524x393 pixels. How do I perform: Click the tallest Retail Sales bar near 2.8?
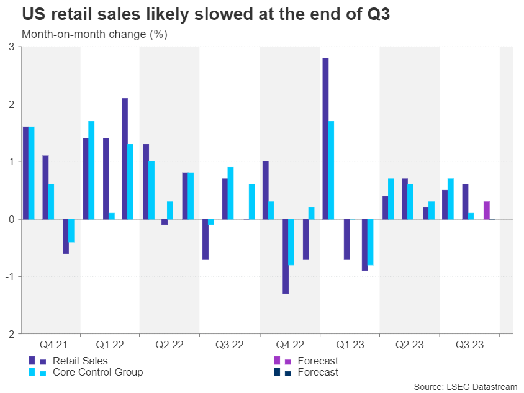click(x=325, y=138)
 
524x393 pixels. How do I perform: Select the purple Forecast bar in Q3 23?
click(x=486, y=210)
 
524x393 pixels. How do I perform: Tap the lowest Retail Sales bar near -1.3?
click(x=285, y=256)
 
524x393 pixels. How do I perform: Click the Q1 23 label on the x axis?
click(x=350, y=343)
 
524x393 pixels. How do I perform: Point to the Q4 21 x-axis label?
click(x=50, y=343)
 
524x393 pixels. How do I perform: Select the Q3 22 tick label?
click(x=229, y=343)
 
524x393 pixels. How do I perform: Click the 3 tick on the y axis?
click(x=12, y=47)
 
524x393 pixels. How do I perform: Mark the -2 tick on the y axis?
click(x=10, y=333)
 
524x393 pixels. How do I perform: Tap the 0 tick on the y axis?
click(x=12, y=219)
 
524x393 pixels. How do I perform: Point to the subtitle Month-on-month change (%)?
click(x=94, y=34)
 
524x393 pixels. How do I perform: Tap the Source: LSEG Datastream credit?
click(x=465, y=387)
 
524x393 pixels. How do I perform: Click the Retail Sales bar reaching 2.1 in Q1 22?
click(x=125, y=158)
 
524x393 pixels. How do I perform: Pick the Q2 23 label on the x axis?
click(x=409, y=343)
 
